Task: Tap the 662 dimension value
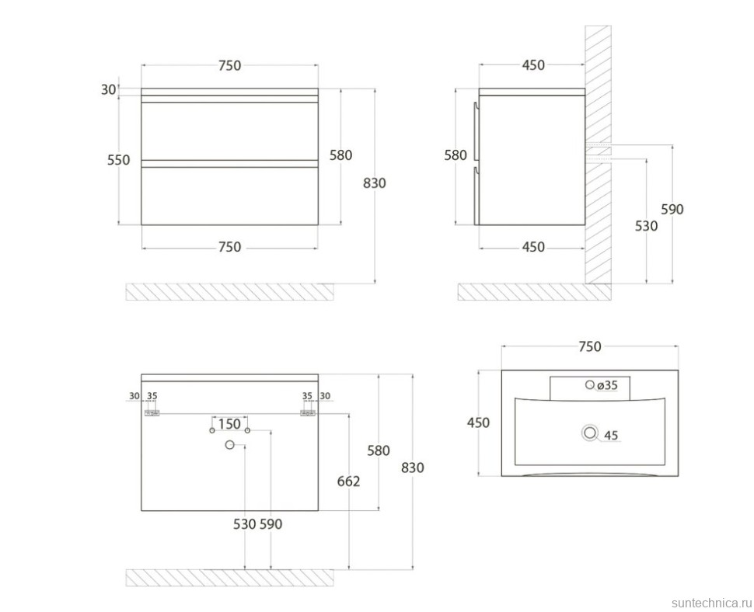pos(348,482)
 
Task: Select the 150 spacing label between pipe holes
pos(229,424)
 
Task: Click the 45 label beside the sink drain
pos(611,436)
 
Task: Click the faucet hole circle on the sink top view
pos(589,384)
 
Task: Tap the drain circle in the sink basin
pos(590,434)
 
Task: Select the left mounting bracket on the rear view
pos(152,413)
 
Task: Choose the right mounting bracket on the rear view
pos(308,413)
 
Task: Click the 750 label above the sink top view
pos(590,347)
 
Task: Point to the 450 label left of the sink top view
pos(478,422)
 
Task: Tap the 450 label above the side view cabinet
pos(532,65)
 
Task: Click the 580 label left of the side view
pos(456,155)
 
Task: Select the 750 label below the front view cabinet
pos(229,247)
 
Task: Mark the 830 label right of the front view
pos(374,183)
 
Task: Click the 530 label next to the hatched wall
pos(646,226)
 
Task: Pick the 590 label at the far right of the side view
pos(672,209)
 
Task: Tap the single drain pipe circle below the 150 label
pos(229,444)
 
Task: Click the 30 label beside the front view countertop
pos(109,89)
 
